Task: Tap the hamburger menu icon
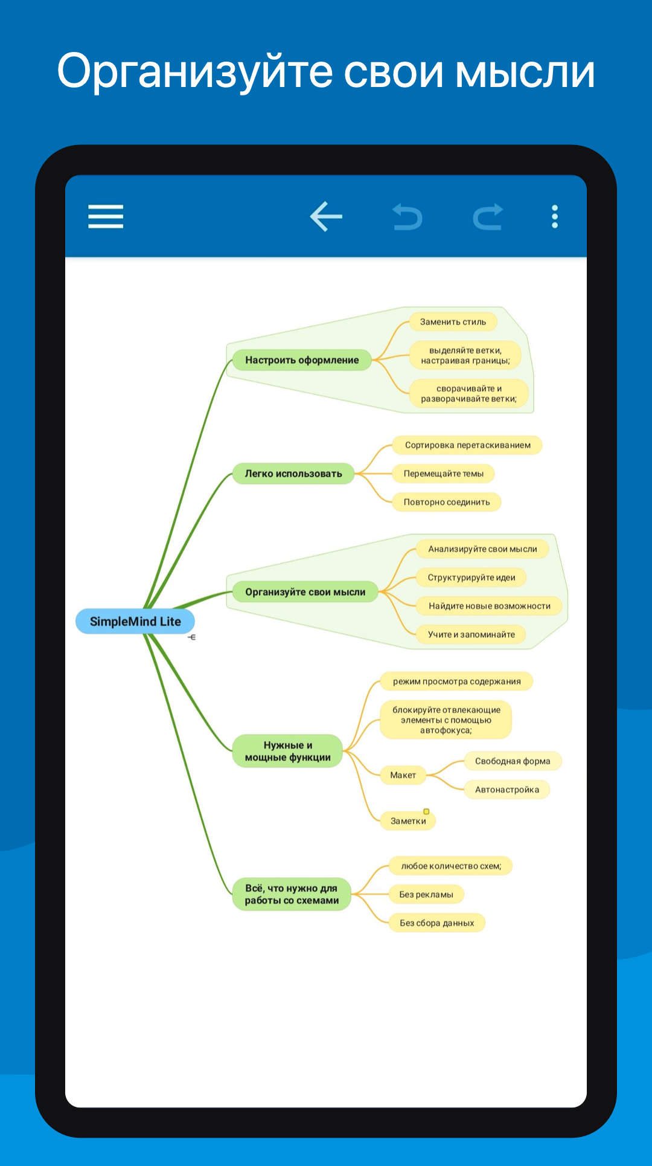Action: [x=106, y=216]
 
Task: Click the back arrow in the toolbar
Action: [x=326, y=216]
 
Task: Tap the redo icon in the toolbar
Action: [x=488, y=217]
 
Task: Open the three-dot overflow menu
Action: [x=555, y=216]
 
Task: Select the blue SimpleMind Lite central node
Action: [x=135, y=621]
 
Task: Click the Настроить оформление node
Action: [x=302, y=360]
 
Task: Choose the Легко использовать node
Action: [x=293, y=474]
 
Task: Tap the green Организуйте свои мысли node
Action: [x=305, y=592]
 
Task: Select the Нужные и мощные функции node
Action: [x=288, y=751]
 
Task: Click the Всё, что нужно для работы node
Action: [x=292, y=894]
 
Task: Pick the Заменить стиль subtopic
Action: [x=453, y=322]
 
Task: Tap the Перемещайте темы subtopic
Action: [x=444, y=474]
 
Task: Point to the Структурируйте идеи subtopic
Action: [x=471, y=578]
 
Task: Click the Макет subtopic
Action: [x=403, y=775]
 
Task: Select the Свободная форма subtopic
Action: [x=513, y=761]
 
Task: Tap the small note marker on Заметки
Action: [x=426, y=811]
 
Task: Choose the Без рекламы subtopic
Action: [x=426, y=895]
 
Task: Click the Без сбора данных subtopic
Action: [x=437, y=923]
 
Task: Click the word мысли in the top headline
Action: [x=525, y=71]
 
